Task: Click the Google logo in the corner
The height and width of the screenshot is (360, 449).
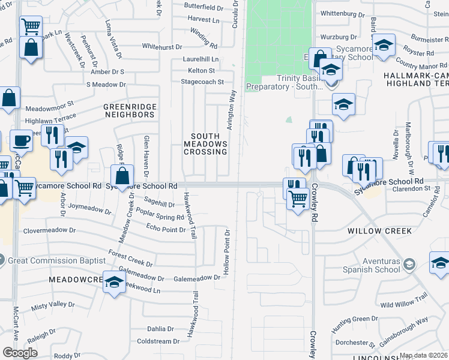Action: click(x=20, y=353)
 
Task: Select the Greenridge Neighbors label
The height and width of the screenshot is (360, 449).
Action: click(x=130, y=110)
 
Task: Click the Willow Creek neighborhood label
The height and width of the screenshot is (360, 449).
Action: click(x=379, y=230)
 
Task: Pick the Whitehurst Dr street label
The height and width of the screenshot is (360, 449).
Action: click(x=161, y=46)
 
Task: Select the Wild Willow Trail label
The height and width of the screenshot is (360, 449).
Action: click(x=403, y=305)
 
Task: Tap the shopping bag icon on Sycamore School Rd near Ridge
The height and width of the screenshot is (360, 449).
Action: click(x=122, y=176)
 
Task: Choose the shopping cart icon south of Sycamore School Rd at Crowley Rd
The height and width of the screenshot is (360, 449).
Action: click(x=298, y=199)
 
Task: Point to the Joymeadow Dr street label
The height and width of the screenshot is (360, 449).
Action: click(x=91, y=212)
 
